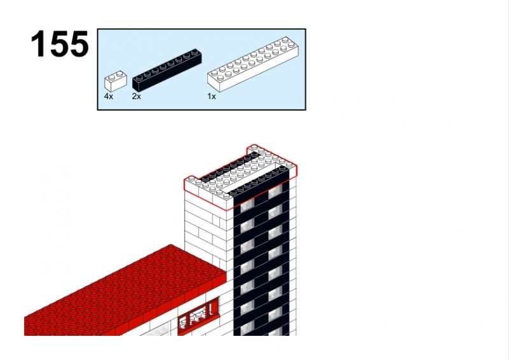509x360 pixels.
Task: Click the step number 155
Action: [x=60, y=44]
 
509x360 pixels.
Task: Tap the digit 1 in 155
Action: [x=38, y=44]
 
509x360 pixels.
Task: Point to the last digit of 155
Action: [x=79, y=44]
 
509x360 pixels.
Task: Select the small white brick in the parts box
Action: [x=116, y=81]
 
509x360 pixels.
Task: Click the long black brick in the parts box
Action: [x=167, y=70]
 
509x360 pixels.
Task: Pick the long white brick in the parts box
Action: [x=253, y=64]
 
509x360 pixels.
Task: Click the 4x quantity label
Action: [x=108, y=97]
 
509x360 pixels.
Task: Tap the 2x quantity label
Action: [x=136, y=97]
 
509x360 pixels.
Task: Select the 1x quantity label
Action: [x=212, y=97]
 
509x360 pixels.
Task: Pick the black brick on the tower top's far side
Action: [x=230, y=166]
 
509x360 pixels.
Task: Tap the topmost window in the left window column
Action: [x=247, y=206]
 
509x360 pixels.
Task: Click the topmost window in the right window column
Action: [x=275, y=191]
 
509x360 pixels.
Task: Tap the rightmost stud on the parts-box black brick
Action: [x=195, y=52]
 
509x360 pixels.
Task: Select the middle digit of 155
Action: [x=59, y=44]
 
